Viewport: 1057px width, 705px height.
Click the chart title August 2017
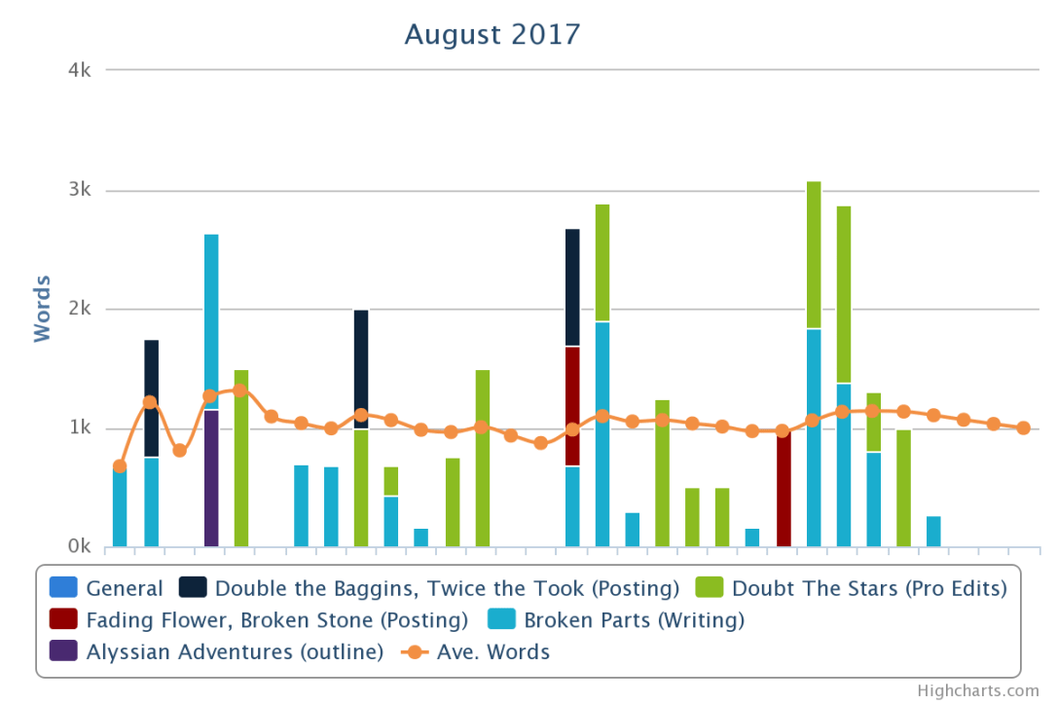pyautogui.click(x=492, y=35)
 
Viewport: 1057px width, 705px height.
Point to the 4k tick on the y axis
pyautogui.click(x=79, y=71)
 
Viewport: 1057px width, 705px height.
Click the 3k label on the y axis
pyautogui.click(x=79, y=191)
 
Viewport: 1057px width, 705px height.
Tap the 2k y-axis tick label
pyautogui.click(x=79, y=310)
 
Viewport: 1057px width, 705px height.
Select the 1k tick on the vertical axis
pyautogui.click(x=79, y=428)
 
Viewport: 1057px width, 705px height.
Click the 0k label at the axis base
pyautogui.click(x=78, y=547)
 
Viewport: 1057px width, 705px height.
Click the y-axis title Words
pyautogui.click(x=42, y=309)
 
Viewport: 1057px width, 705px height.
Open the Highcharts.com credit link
pyautogui.click(x=977, y=690)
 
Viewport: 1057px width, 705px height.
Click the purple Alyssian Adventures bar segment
pyautogui.click(x=211, y=477)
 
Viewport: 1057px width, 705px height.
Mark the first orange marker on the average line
pyautogui.click(x=120, y=466)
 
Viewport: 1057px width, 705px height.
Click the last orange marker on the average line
pyautogui.click(x=1023, y=427)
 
